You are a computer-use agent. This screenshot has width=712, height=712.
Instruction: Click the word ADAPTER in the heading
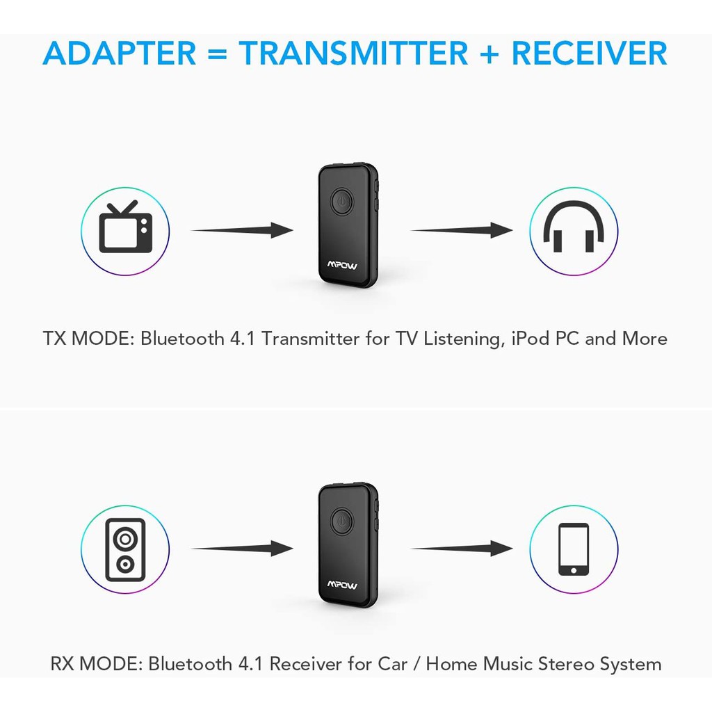point(120,53)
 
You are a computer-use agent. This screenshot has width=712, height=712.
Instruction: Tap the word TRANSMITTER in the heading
point(353,53)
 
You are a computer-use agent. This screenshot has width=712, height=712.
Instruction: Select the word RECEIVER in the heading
point(590,53)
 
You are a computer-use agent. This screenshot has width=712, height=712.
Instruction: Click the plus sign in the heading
point(489,54)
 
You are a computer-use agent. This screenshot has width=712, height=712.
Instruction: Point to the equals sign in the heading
point(218,54)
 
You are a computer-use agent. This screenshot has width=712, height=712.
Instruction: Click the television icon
point(126,227)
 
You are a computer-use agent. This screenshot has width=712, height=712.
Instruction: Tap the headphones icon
point(574,227)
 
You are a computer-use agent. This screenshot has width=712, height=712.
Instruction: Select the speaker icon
point(125,549)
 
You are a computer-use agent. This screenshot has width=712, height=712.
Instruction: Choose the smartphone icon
point(574,549)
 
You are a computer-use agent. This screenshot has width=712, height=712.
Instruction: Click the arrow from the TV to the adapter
point(242,230)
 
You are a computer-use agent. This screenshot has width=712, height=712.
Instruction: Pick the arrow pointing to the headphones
point(462,230)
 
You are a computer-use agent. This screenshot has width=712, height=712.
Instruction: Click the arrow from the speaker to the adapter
point(242,549)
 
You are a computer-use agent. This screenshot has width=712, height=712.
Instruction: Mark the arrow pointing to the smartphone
point(462,549)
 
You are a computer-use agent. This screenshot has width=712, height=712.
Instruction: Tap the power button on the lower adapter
point(342,520)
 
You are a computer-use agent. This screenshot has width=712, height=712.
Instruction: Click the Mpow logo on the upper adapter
point(342,265)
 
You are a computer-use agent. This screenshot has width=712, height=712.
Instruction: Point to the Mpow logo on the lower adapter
point(342,584)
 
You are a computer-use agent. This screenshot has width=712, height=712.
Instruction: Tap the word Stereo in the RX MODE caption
point(566,664)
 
